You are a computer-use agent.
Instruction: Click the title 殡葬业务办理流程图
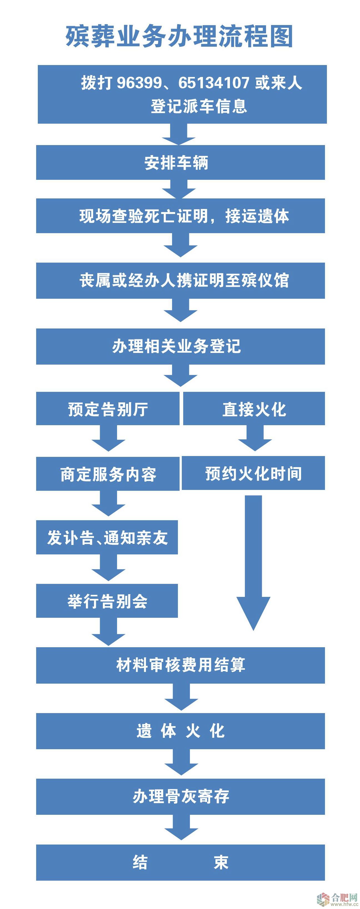pos(179,36)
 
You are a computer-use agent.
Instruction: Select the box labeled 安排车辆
pos(180,163)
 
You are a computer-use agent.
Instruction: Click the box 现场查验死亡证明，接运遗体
pos(180,216)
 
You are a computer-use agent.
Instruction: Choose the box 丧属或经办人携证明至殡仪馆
pos(180,280)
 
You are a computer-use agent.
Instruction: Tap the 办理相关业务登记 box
pos(180,346)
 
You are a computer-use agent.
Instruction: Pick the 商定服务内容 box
pos(108,474)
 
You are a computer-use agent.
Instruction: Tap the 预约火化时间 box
pos(253,473)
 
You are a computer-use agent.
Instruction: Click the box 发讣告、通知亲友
pos(107,537)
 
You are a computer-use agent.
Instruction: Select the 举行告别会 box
pos(107,601)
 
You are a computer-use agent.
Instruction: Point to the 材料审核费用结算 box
pos(180,665)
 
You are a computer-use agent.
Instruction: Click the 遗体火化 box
pos(180,731)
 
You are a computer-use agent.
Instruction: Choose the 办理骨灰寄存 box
pos(180,796)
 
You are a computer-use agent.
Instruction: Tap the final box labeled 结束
pos(180,862)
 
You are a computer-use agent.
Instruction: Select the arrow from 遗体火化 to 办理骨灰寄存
pos(181,764)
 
